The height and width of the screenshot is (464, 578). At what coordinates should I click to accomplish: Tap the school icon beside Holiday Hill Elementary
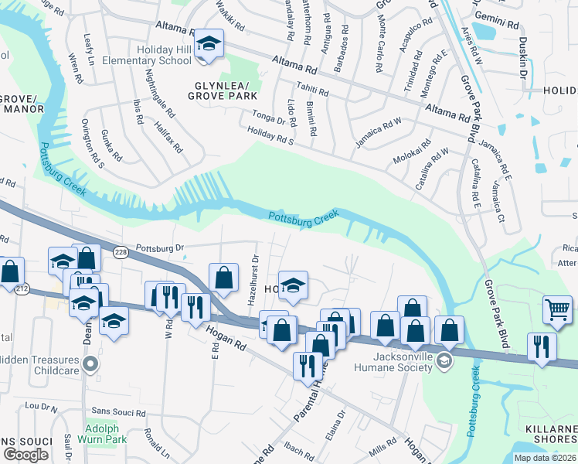[x=208, y=44]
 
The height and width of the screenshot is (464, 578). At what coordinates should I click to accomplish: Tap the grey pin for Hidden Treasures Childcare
[x=91, y=363]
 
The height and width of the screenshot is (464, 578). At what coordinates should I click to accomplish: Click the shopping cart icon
[x=557, y=309]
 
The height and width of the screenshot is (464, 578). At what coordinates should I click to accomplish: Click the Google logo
[x=25, y=454]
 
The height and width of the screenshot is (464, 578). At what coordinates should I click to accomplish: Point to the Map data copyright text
[x=545, y=458]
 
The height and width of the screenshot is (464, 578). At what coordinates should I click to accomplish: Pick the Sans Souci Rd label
[x=119, y=413]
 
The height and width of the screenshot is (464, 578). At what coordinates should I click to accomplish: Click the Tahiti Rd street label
[x=313, y=91]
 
